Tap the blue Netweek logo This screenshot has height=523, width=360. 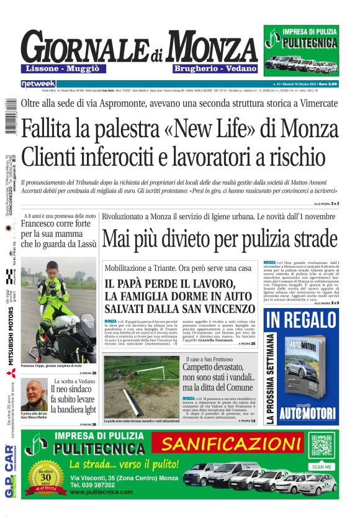(38, 83)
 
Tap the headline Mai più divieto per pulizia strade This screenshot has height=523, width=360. (219, 239)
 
